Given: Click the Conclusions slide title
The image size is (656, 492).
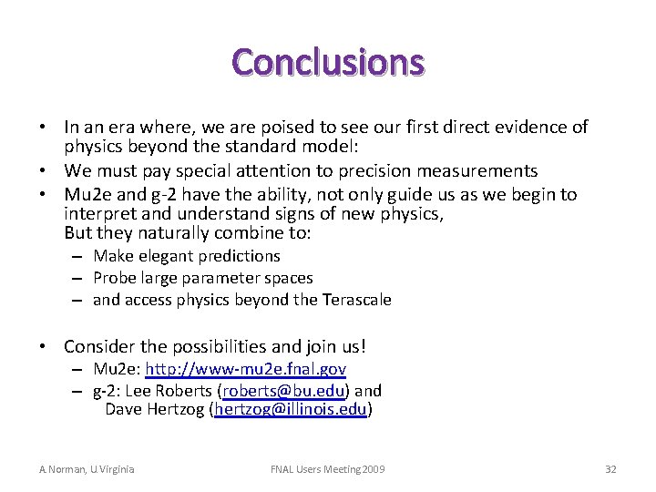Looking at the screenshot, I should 328,63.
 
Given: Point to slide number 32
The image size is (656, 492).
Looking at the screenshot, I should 610,469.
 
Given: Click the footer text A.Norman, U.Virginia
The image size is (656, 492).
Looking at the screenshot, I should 87,469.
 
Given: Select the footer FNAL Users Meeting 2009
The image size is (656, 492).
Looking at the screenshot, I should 328,469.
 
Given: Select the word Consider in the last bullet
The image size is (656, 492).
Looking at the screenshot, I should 97,347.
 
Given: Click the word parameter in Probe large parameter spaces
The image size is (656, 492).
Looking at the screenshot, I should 218,278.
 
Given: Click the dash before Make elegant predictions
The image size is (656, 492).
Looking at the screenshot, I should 80,257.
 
